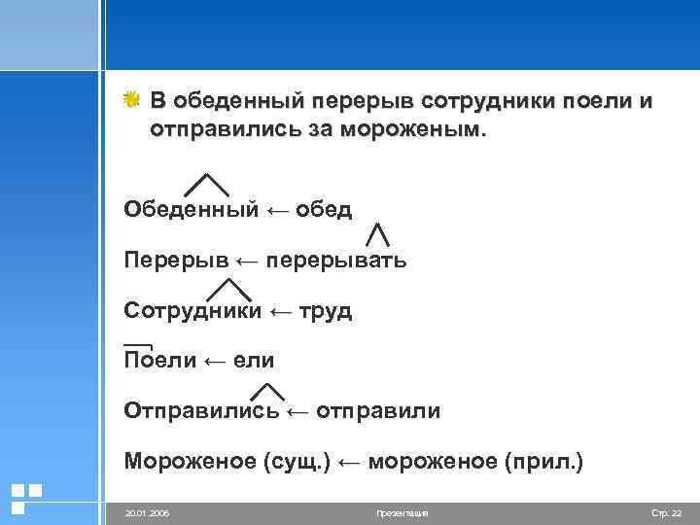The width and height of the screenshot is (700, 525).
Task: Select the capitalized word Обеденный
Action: point(191,210)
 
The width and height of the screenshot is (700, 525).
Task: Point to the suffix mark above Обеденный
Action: point(206,185)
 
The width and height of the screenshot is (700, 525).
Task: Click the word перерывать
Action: point(335,261)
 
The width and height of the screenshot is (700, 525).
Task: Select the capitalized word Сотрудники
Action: point(192,311)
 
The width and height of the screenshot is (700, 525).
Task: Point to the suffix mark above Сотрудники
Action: point(229,289)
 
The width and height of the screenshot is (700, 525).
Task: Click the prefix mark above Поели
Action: point(139,346)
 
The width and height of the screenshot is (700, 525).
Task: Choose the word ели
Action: point(253,361)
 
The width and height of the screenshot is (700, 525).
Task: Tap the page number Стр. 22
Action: point(667,511)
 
